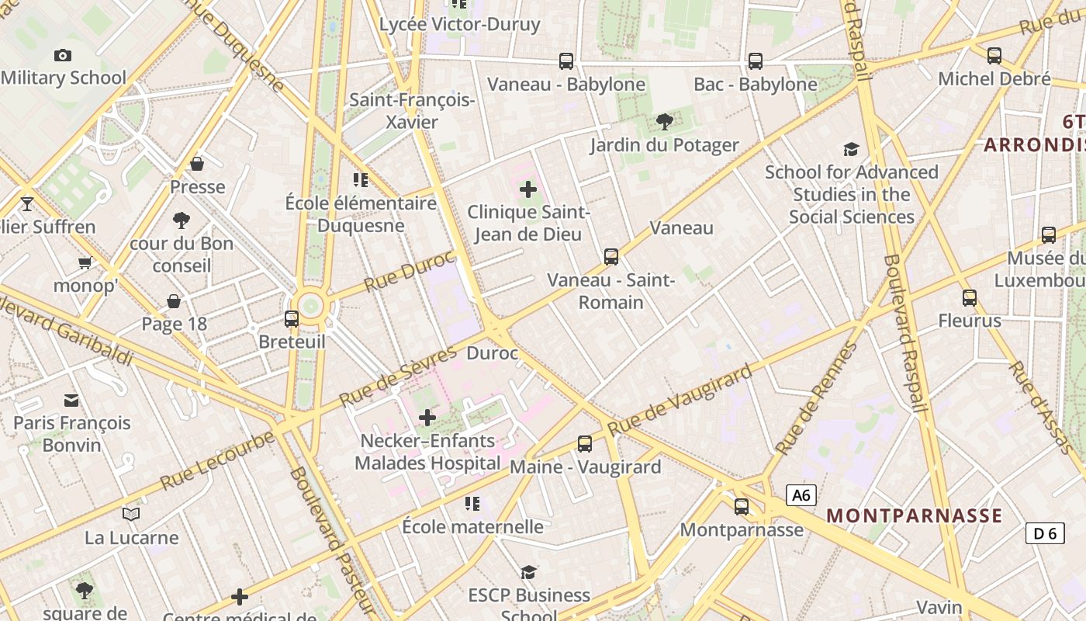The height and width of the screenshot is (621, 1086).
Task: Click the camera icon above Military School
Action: click(63, 55)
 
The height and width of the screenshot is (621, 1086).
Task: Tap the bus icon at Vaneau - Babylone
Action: click(566, 61)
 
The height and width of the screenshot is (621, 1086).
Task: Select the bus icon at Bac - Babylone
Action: click(756, 61)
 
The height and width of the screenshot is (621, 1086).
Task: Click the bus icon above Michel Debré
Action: click(994, 55)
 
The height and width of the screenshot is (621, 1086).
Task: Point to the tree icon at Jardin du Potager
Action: click(664, 121)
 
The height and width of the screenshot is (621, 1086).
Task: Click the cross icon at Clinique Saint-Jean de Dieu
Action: click(528, 189)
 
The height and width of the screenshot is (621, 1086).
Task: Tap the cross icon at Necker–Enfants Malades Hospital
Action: click(427, 418)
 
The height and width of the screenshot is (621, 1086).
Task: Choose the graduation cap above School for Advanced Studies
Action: click(851, 149)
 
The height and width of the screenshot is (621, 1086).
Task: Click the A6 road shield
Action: click(801, 495)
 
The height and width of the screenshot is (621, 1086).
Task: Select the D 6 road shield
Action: click(1045, 533)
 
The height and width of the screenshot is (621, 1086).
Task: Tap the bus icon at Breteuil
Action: click(292, 318)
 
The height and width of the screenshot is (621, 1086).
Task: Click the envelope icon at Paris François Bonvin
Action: click(71, 400)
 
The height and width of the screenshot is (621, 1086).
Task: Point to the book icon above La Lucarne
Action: click(131, 514)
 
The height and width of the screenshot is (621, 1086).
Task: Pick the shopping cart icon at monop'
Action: click(85, 262)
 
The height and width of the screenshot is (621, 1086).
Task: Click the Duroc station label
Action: click(492, 353)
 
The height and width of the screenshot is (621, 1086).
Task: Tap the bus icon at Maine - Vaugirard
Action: click(585, 443)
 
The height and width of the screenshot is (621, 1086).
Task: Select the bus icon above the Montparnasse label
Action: click(742, 507)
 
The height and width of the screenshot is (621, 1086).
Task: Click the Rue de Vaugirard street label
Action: click(680, 401)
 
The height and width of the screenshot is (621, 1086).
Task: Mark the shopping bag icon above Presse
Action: click(197, 164)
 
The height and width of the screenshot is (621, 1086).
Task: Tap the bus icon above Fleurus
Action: click(970, 297)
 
